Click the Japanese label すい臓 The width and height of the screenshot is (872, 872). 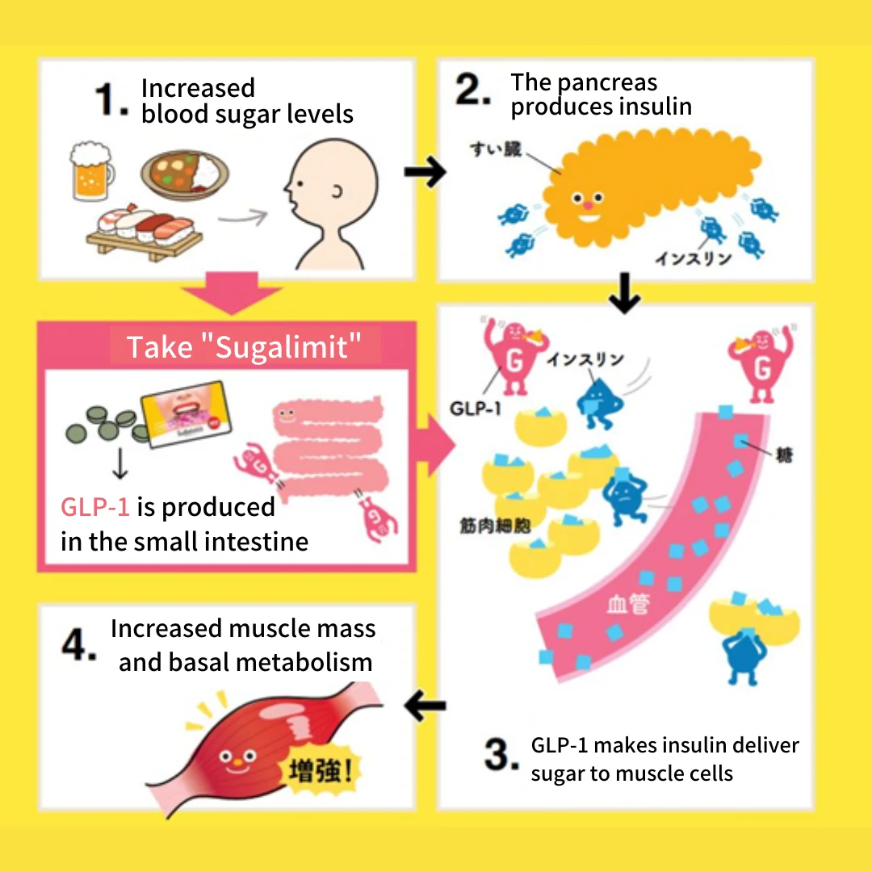tap(499, 150)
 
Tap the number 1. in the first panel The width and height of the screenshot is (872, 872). tap(111, 100)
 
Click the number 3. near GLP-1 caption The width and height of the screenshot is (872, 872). tap(501, 756)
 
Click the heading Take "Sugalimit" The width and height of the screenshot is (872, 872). tap(243, 346)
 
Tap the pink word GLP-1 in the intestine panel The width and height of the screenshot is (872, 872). tap(94, 507)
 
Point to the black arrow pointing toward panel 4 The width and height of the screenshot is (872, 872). tap(425, 706)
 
